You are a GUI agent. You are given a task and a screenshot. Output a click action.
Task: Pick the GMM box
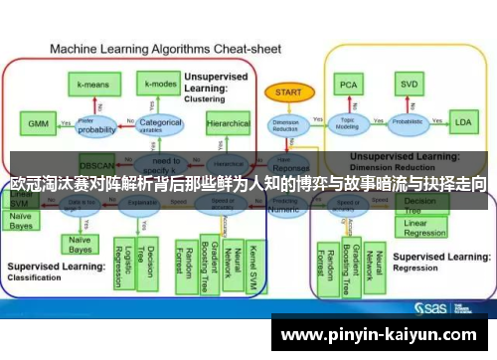(37, 125)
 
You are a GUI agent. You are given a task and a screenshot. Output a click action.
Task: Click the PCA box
(348, 84)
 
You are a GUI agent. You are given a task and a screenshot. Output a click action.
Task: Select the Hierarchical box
(228, 123)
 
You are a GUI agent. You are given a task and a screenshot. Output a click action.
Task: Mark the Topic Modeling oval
(349, 123)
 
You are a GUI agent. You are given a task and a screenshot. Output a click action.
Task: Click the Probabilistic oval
(407, 123)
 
